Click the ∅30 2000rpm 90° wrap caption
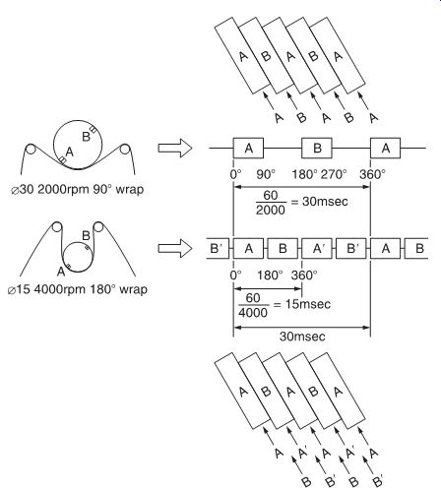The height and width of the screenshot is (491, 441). pos(78,190)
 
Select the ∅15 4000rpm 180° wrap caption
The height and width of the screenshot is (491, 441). pos(78,289)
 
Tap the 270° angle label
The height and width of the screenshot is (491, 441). pos(334,174)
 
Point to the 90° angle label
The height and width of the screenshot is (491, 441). pos(266,174)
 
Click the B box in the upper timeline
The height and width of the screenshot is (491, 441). pos(317,149)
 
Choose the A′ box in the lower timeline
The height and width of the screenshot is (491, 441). pos(317,249)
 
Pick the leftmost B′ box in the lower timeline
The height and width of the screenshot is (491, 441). pos(218,249)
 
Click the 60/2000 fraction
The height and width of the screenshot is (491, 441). pos(271,203)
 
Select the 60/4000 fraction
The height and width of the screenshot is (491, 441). pos(253,305)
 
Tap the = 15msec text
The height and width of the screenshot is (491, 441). pos(302,304)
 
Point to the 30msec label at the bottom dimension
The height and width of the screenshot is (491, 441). pos(302,337)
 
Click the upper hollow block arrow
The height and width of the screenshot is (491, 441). pos(174,149)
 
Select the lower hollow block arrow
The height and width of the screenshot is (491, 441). pos(174,249)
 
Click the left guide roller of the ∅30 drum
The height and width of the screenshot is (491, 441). pos(31,150)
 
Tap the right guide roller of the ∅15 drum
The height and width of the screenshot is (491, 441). pos(98,227)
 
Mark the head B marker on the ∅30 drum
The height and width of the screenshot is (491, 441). pos(94,130)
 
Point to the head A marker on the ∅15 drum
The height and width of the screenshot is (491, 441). pos(69,266)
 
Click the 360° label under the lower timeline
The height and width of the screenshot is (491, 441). pos(304,275)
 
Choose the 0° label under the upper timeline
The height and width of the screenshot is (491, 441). pos(235,174)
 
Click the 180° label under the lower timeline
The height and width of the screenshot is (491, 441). pos(270,275)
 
